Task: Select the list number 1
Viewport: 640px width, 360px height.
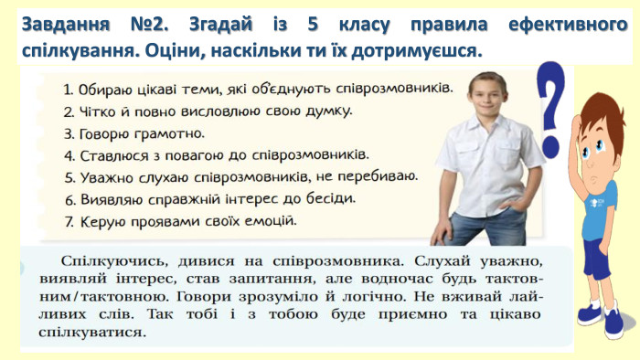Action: point(69,90)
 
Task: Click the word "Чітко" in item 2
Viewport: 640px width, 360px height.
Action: point(101,112)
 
